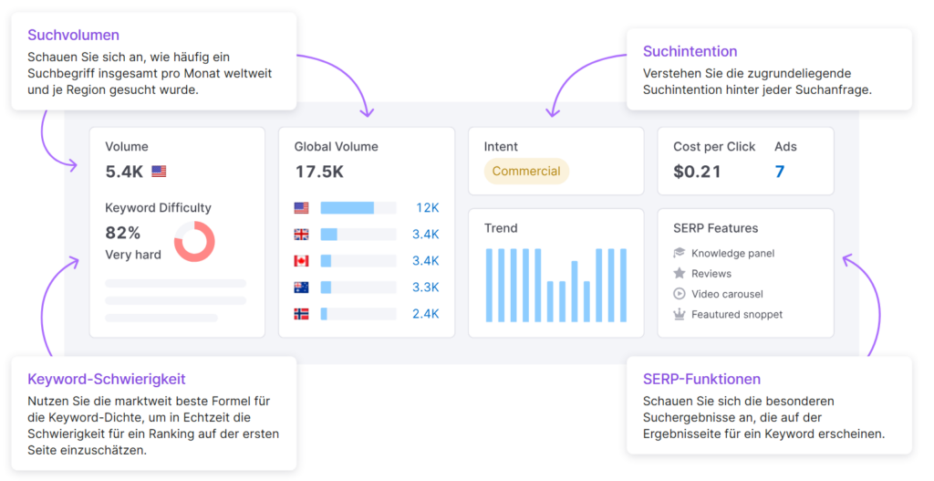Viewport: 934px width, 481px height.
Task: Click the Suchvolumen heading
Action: click(x=73, y=36)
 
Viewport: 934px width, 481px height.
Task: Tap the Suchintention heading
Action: click(x=690, y=51)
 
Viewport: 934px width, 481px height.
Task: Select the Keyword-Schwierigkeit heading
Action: click(x=107, y=379)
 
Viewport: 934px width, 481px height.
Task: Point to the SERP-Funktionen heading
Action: click(x=701, y=379)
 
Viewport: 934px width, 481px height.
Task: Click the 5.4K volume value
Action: click(x=124, y=171)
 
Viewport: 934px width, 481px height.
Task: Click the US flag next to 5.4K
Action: click(x=160, y=171)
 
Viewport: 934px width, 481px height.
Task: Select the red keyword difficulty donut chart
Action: click(x=194, y=242)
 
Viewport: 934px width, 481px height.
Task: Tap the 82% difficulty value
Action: click(x=123, y=233)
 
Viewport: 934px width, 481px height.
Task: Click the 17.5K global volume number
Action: click(x=319, y=171)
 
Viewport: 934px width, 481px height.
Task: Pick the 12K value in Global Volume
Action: click(x=428, y=208)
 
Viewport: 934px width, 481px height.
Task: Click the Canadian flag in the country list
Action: click(x=302, y=261)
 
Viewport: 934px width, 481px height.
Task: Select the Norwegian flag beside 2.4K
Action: click(x=302, y=314)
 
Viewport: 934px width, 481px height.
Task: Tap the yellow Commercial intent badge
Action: click(x=526, y=171)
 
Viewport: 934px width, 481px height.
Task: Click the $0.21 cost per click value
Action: click(x=697, y=171)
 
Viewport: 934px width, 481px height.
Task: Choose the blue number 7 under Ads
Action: click(x=780, y=171)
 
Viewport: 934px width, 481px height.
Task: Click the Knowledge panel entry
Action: click(x=732, y=253)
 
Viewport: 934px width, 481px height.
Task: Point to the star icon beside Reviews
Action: click(x=680, y=274)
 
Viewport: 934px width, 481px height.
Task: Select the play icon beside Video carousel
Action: click(x=680, y=294)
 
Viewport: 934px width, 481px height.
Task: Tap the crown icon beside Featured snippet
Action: click(x=680, y=314)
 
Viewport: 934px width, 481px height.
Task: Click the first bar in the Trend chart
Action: click(x=490, y=284)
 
